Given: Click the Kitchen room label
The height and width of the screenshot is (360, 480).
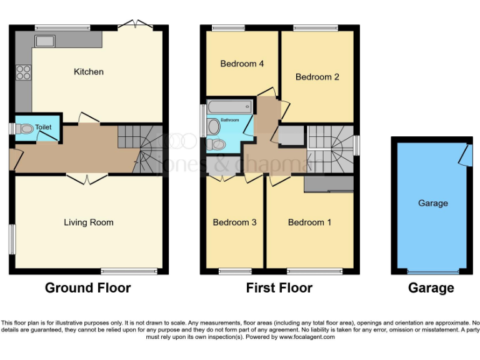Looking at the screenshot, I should (89, 72).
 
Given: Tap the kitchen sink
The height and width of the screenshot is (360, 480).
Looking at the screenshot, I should (44, 41).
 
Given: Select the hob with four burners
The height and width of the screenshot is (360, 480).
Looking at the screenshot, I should (23, 72).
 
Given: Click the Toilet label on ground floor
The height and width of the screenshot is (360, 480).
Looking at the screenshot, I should (43, 127).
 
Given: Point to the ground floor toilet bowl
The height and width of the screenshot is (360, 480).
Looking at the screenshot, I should (26, 129).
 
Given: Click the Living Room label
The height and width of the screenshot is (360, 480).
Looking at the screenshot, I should (89, 222).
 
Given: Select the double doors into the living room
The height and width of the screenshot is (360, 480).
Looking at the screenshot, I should (87, 179).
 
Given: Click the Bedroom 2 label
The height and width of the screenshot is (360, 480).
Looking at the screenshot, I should (317, 77).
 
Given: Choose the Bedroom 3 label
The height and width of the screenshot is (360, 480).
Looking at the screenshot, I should (234, 222).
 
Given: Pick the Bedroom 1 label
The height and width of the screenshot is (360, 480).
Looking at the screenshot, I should (310, 222).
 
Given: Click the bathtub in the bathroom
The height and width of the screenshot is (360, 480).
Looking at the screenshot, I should (229, 106).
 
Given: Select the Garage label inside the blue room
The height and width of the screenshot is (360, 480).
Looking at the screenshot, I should (432, 203).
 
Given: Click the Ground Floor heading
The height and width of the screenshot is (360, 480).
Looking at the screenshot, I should (88, 288).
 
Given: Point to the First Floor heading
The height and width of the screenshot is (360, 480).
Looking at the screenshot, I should (279, 288).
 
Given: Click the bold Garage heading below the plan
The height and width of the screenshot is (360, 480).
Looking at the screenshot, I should (431, 288).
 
